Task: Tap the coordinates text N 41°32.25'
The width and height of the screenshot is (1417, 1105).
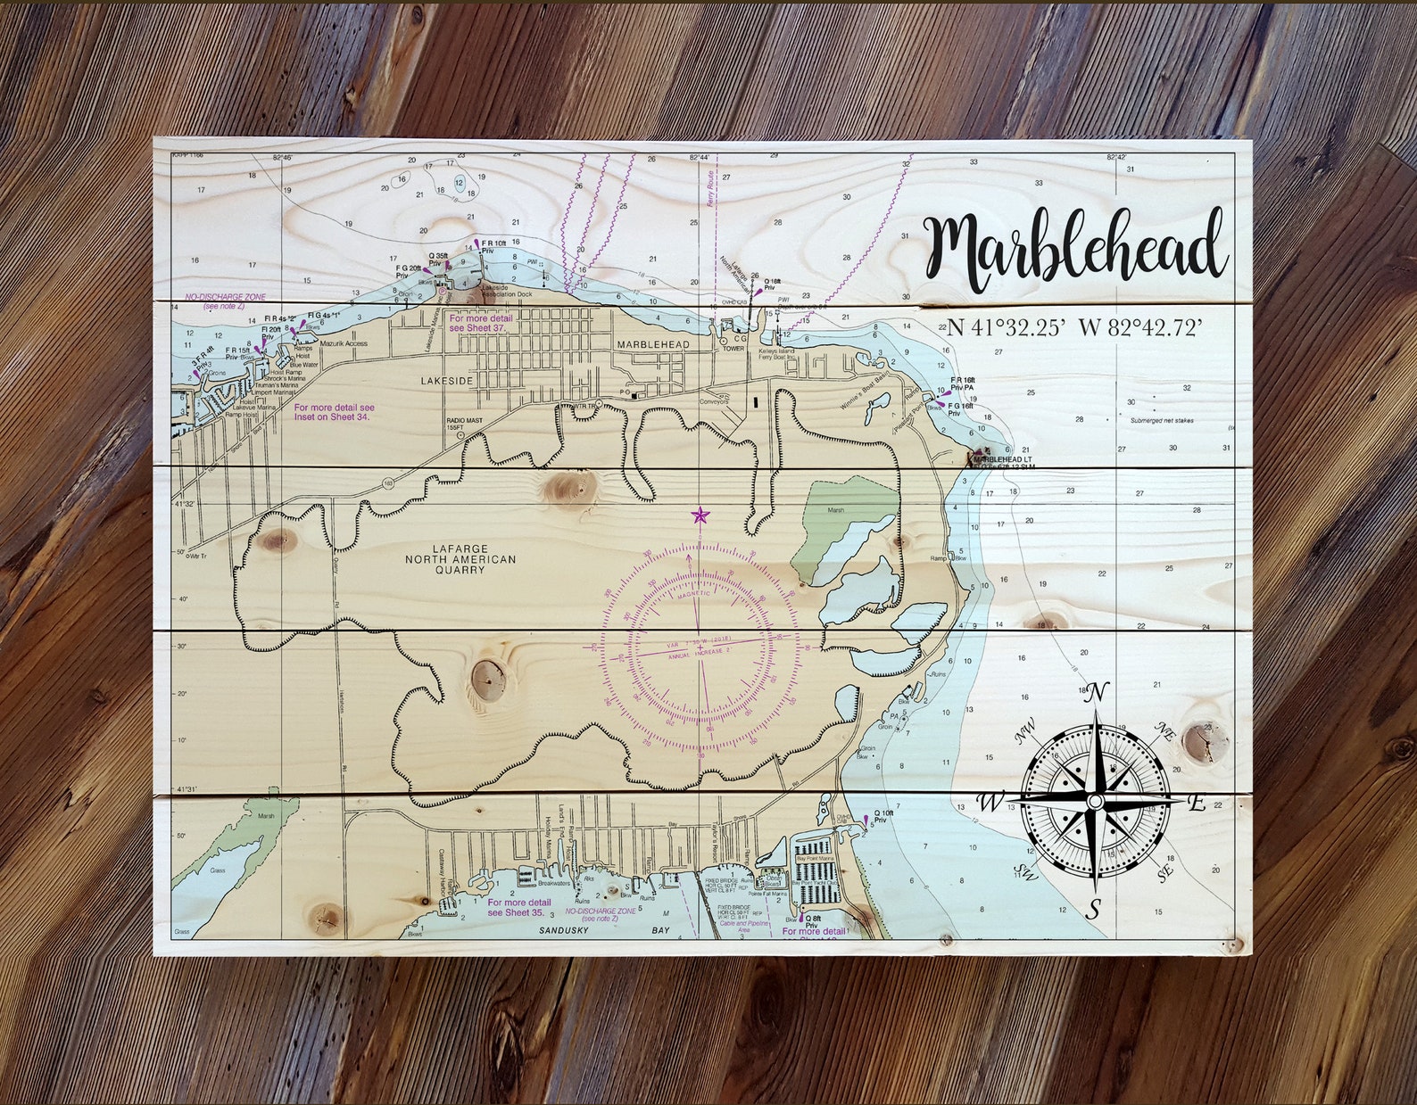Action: (1004, 327)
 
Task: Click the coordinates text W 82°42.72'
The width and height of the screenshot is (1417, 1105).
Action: (1139, 327)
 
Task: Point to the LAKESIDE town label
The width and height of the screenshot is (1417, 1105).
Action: (447, 381)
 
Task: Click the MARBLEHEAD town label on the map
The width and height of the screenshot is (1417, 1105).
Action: (653, 344)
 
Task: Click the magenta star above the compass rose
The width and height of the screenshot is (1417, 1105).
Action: (700, 515)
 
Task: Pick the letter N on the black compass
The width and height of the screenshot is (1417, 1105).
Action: (1098, 692)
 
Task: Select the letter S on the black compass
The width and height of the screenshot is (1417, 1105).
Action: (1094, 909)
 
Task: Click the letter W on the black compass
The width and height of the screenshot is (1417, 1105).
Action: (990, 802)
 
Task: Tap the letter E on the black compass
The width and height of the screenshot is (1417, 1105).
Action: (1197, 803)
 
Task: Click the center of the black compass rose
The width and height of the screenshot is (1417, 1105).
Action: (1095, 802)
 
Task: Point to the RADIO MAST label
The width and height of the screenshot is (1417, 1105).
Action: (455, 423)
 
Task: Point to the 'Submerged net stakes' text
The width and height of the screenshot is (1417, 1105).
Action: (1161, 420)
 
